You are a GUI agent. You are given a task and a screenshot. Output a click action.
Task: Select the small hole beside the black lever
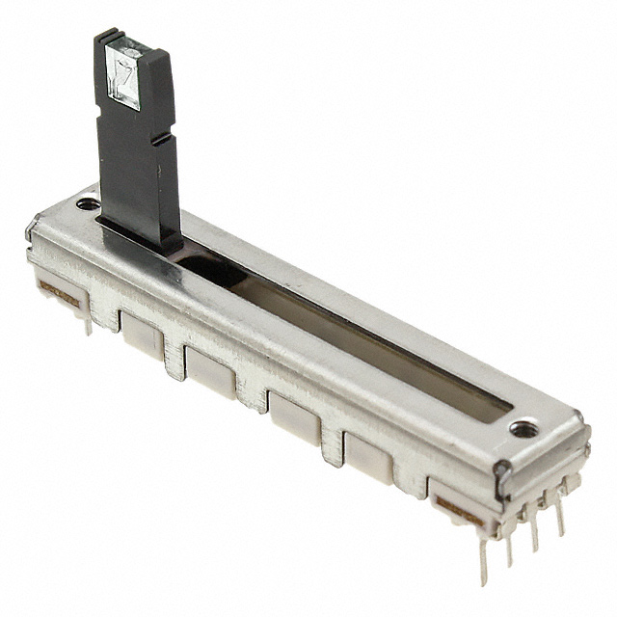tap(88, 203)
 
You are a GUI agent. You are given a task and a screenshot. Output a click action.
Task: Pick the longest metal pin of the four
tap(483, 559)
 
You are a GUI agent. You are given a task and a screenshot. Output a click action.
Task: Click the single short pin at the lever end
tap(88, 324)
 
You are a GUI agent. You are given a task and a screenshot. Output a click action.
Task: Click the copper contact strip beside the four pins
tap(459, 507)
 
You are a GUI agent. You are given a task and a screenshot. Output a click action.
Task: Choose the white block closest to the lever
tap(142, 335)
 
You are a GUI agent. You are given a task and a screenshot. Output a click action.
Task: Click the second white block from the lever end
tap(210, 372)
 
